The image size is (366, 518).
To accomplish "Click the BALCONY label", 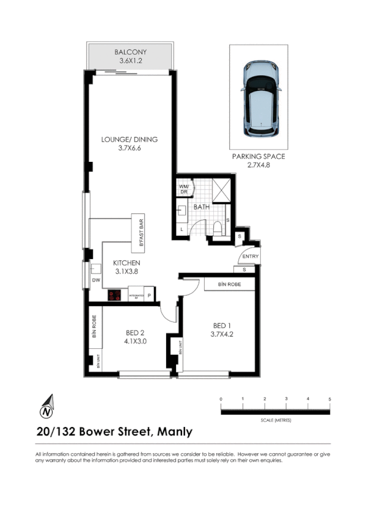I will point(128,53).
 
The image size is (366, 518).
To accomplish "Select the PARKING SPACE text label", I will point(258,156).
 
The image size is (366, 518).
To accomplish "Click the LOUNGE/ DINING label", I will point(129,139).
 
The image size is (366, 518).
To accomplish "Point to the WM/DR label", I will point(183,189).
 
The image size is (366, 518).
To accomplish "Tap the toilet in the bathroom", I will point(217,229).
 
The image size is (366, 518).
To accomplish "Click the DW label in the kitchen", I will point(95,280).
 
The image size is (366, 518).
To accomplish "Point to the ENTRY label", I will point(251,257).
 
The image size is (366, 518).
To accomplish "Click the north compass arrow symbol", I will point(47,404).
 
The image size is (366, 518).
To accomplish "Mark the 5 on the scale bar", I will point(329,399).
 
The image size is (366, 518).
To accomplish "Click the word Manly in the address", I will point(175,432).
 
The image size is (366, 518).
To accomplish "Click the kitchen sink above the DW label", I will point(95,268).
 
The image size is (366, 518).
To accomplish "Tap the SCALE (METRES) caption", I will point(275,421).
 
